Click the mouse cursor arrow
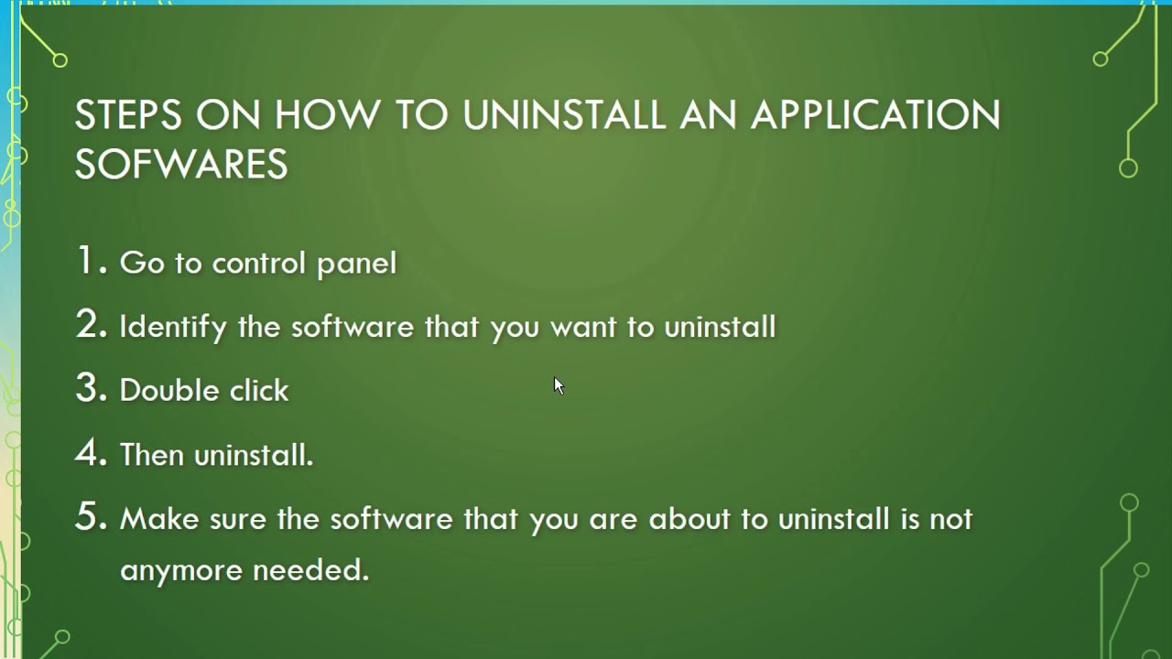pos(559,385)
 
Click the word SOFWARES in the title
pos(181,165)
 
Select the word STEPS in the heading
pos(128,115)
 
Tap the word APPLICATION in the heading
pos(875,115)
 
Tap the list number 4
pos(89,453)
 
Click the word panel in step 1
pos(356,265)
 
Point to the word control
pos(258,264)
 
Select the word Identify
pos(173,328)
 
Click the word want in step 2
pos(583,328)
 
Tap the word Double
pos(168,391)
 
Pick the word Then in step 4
pos(152,455)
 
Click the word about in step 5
pos(689,519)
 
